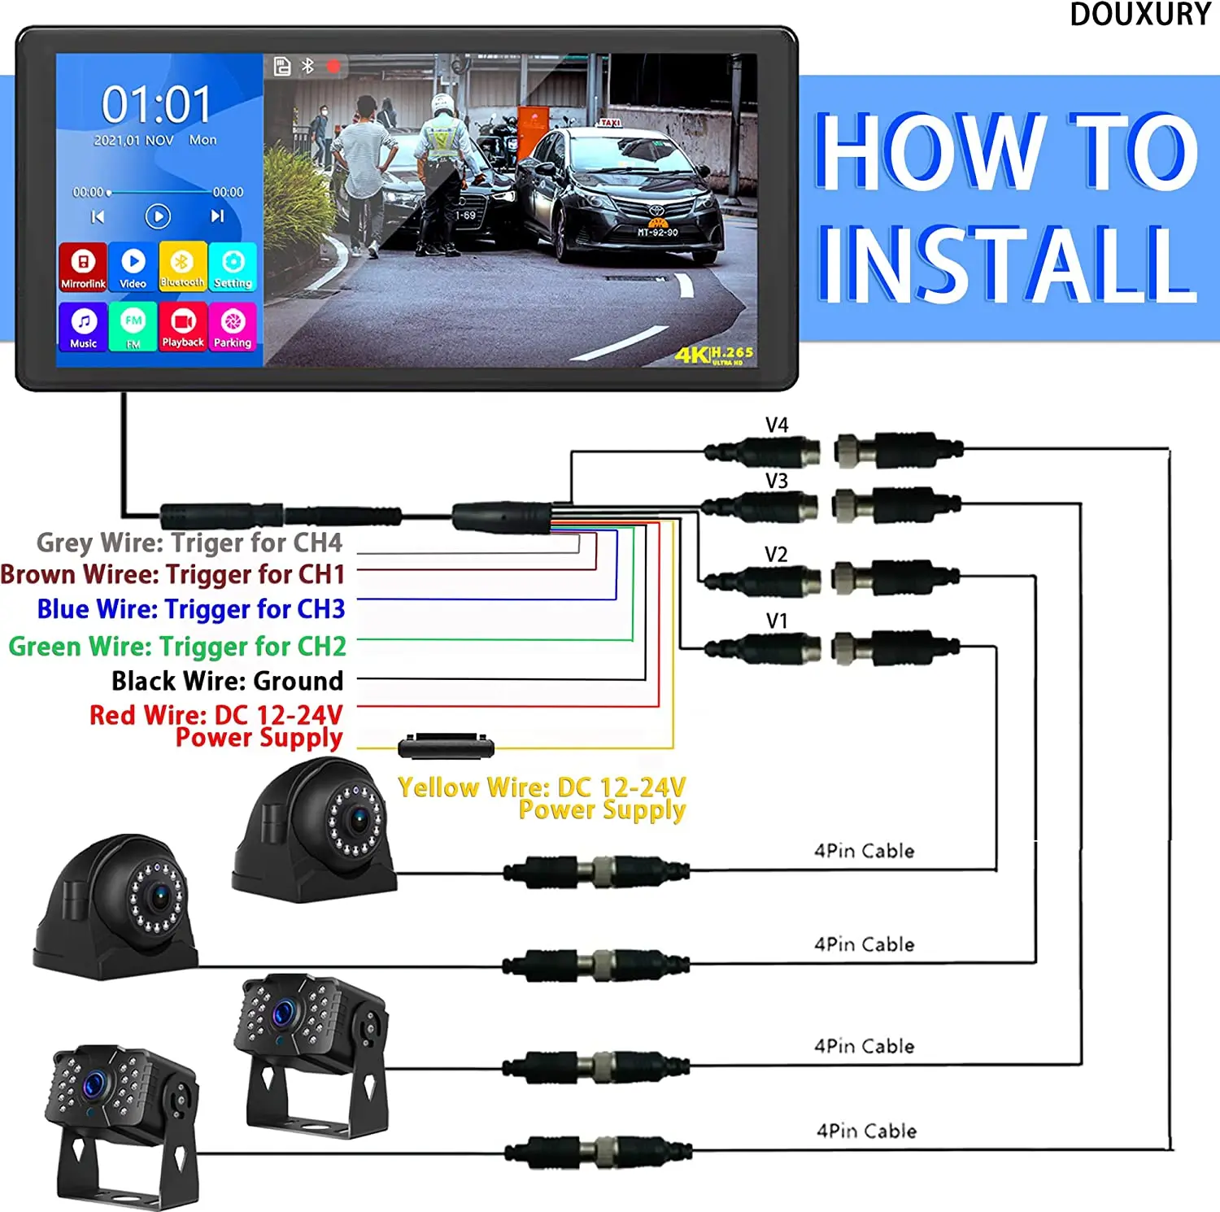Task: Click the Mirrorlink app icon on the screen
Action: click(82, 266)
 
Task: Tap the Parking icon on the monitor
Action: click(233, 326)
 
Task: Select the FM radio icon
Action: click(133, 326)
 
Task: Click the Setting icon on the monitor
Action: click(233, 266)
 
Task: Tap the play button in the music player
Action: click(158, 216)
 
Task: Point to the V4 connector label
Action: click(777, 425)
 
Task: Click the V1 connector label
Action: click(777, 621)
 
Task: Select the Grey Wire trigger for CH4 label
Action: click(189, 543)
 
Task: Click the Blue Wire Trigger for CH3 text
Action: click(190, 609)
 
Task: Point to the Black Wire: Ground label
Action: click(227, 681)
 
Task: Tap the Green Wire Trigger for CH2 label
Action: click(176, 647)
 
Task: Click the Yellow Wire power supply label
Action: click(542, 798)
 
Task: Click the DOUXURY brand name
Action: click(1140, 15)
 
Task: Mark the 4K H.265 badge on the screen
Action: click(713, 355)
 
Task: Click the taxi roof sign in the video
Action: click(608, 123)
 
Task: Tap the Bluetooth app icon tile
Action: click(182, 266)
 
